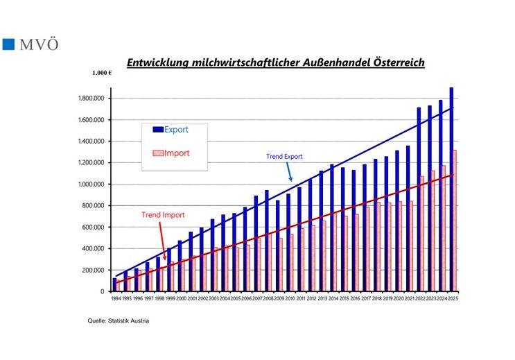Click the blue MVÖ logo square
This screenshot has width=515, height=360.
(9, 44)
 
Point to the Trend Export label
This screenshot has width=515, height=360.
(284, 157)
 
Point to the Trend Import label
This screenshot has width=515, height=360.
(163, 215)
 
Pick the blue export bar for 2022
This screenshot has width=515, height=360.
(419, 199)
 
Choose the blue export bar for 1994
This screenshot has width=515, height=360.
(114, 284)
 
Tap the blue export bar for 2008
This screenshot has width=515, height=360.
(266, 241)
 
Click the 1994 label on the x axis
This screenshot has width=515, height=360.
(115, 298)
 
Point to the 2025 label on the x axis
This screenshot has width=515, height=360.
(453, 298)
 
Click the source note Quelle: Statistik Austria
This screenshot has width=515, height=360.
(118, 321)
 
